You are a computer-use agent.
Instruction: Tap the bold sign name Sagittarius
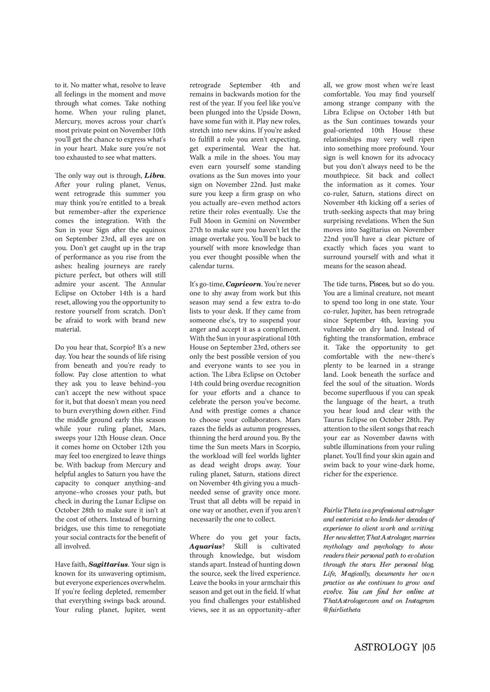pyautogui.click(x=108, y=564)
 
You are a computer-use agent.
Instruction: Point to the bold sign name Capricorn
pyautogui.click(x=243, y=284)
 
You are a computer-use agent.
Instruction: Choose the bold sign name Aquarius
pyautogui.click(x=206, y=547)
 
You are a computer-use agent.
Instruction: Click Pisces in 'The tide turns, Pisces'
pyautogui.click(x=379, y=284)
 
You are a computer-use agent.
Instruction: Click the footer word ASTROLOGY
pyautogui.click(x=386, y=648)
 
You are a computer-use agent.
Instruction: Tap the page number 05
pyautogui.click(x=430, y=648)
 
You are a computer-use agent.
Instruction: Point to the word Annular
pyautogui.click(x=153, y=284)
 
